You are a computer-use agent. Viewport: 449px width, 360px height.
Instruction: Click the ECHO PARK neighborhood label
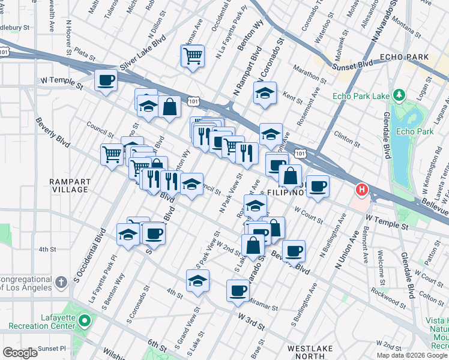[x=404, y=58]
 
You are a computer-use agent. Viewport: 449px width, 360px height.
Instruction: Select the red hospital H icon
[x=362, y=191]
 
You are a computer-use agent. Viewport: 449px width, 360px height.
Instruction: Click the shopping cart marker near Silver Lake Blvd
[x=192, y=56]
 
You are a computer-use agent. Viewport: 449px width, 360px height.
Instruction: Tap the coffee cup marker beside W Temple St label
[x=106, y=80]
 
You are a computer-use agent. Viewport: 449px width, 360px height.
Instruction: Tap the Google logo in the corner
[x=20, y=353]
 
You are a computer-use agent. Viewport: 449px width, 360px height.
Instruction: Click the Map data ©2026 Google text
[x=412, y=355]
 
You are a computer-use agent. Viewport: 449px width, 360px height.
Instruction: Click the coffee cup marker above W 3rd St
[x=238, y=290]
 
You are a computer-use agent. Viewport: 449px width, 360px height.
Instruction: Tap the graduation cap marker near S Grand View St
[x=198, y=280]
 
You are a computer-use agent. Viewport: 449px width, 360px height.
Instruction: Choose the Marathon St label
[x=310, y=76]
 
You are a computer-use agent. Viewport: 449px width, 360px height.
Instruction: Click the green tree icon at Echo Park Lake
[x=398, y=95]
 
